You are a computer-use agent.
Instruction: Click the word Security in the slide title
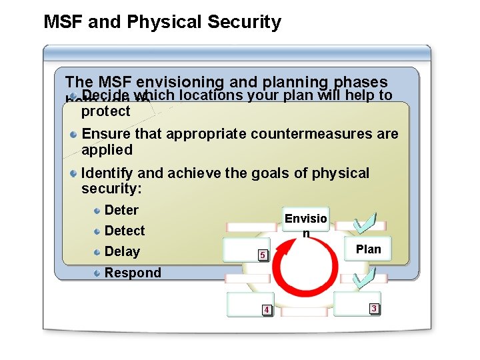pyautogui.click(x=244, y=22)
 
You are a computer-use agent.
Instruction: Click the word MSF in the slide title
pyautogui.click(x=63, y=22)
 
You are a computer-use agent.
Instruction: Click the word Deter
pyautogui.click(x=121, y=211)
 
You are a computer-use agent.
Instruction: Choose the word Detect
pyautogui.click(x=125, y=231)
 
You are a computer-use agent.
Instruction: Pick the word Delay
pyautogui.click(x=122, y=252)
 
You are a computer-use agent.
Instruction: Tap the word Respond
pyautogui.click(x=133, y=273)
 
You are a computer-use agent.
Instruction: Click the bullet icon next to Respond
pyautogui.click(x=97, y=273)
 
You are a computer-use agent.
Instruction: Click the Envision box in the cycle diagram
pyautogui.click(x=305, y=225)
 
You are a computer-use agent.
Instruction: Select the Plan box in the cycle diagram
pyautogui.click(x=368, y=249)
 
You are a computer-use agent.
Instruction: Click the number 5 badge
pyautogui.click(x=263, y=255)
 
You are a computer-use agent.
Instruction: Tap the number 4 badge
pyautogui.click(x=266, y=310)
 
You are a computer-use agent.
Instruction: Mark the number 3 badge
pyautogui.click(x=374, y=309)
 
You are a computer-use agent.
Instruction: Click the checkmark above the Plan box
pyautogui.click(x=365, y=223)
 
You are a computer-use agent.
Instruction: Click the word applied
pyautogui.click(x=107, y=149)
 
